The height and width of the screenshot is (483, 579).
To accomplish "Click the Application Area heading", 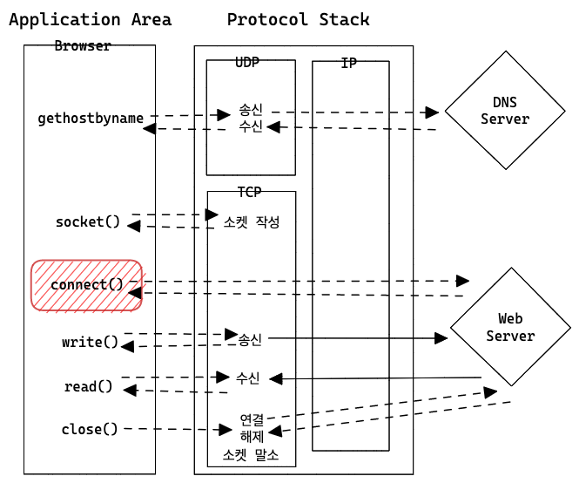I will click(90, 19).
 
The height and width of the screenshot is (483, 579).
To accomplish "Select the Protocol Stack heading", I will click(298, 19).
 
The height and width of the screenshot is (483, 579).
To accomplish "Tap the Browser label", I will click(83, 46).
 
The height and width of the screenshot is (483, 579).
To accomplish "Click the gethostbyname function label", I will click(91, 118).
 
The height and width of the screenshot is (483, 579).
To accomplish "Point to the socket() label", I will click(88, 221).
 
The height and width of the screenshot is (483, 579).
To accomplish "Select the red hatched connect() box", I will click(86, 285).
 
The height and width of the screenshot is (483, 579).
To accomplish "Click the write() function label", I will click(90, 342).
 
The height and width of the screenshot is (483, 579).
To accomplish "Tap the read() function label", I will click(89, 386).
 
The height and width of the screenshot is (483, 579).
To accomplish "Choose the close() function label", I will click(90, 429).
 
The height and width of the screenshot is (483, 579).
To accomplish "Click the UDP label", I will click(248, 63).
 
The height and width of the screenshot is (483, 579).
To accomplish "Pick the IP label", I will click(349, 64).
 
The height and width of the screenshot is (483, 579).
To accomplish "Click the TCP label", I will click(250, 192).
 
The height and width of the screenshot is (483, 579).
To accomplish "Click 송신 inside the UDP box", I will click(251, 112).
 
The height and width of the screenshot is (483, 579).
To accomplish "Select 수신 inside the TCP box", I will click(248, 378).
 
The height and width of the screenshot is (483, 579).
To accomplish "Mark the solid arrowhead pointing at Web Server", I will click(441, 337).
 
